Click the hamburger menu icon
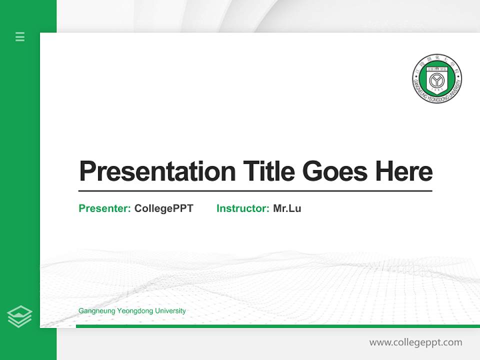pos(20,36)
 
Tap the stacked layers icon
pos(19,316)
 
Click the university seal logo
pos(437,78)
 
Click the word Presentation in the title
pos(157,171)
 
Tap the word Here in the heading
pos(404,171)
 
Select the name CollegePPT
pos(164,208)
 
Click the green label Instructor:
pos(243,208)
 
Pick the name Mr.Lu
pos(287,208)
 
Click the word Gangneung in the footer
pos(96,311)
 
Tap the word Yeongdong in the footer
pos(135,311)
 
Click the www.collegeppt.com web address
pos(415,342)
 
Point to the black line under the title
pos(255,191)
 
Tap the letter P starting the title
pos(87,171)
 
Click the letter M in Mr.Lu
pos(277,208)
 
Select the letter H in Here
pos(384,171)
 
